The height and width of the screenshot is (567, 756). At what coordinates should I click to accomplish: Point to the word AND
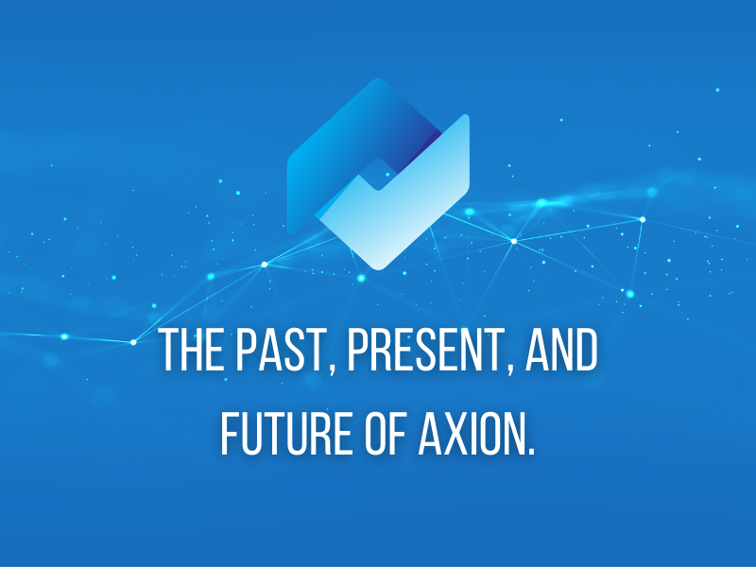(559, 352)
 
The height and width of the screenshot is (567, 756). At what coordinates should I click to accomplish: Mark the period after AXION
(531, 451)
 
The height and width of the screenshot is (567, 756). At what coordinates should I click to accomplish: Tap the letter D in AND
(587, 352)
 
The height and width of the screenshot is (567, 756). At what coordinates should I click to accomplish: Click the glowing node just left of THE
(132, 341)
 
